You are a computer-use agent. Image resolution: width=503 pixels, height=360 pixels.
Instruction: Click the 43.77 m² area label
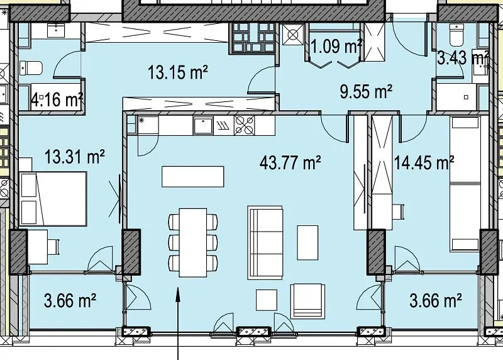[290, 162]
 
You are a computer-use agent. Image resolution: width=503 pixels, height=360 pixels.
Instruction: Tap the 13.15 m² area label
[178, 72]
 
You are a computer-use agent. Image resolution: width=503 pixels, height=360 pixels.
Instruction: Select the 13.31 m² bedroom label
[74, 157]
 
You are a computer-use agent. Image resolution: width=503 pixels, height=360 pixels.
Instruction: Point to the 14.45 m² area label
[424, 162]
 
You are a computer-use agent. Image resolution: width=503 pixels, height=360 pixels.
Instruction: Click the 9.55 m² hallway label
[366, 92]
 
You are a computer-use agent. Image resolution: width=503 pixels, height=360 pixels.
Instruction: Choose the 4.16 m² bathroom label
[57, 99]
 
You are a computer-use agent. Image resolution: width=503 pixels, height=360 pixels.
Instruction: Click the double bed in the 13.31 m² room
[53, 198]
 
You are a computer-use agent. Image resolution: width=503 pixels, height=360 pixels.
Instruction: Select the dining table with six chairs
[193, 242]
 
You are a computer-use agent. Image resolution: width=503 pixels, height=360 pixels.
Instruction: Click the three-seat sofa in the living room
[265, 242]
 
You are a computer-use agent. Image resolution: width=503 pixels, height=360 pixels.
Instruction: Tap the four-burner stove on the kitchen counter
[245, 125]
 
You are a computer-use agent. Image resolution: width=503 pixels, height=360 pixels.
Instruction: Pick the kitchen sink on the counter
[202, 126]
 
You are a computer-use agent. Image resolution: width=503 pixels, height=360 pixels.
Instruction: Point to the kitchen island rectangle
[193, 176]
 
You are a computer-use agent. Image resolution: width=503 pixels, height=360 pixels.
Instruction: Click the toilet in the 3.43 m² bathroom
[457, 35]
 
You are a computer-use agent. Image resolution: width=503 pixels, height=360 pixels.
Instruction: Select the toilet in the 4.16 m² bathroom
[31, 68]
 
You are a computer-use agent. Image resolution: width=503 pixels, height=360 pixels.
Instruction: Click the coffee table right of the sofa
[307, 242]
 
